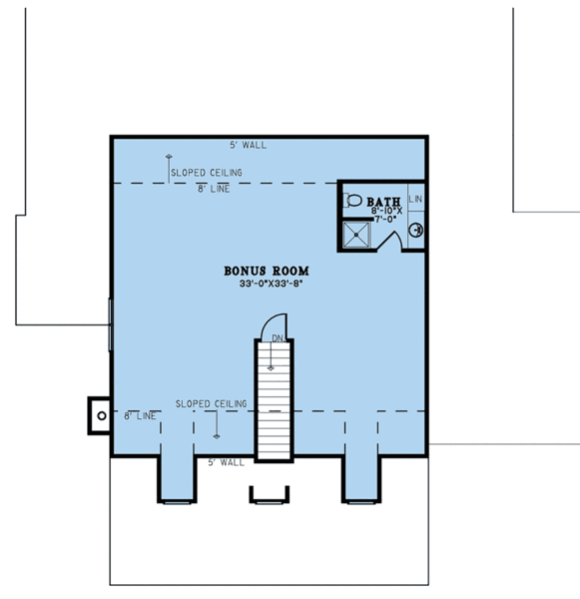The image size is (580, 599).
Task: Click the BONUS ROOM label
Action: [266, 271]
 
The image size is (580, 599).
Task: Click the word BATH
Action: [384, 201]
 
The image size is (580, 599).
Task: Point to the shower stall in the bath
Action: [356, 235]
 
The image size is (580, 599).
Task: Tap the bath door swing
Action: [393, 239]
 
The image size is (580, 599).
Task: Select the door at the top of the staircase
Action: [275, 326]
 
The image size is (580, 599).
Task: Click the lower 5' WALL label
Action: [226, 463]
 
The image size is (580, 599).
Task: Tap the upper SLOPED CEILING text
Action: [206, 173]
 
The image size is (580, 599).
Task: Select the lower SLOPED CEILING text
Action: [211, 403]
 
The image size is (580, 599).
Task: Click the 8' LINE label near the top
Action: [214, 189]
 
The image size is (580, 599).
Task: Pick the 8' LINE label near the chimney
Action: [141, 415]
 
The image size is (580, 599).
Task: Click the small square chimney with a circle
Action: [100, 412]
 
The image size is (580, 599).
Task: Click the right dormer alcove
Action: [360, 477]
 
